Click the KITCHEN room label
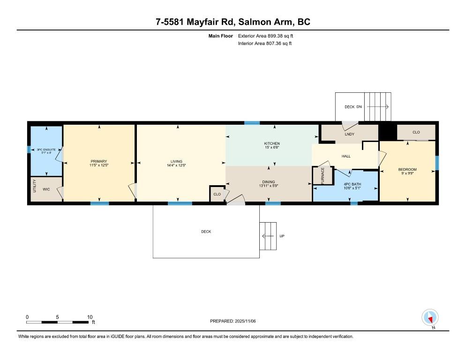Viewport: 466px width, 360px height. coord(272,143)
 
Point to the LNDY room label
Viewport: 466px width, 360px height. coord(349,135)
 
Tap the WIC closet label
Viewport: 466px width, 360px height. coord(46,189)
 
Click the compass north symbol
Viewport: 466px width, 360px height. coord(430,318)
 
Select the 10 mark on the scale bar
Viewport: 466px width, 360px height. coord(89,317)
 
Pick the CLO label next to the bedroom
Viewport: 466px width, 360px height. coord(416,132)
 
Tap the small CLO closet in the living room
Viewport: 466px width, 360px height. coord(217,194)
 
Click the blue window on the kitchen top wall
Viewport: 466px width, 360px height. coord(252,123)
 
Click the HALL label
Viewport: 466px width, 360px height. coord(346,156)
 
